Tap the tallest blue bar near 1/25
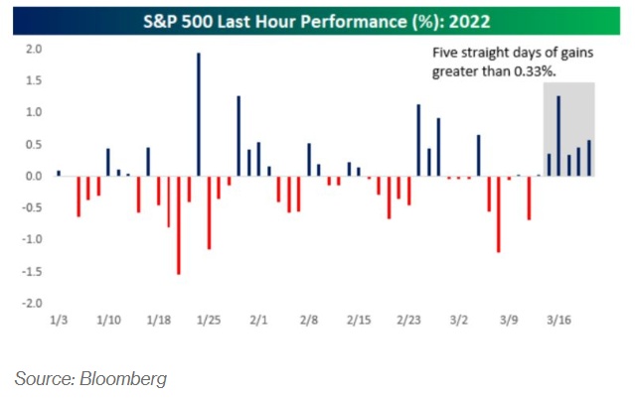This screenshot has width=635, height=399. [199, 114]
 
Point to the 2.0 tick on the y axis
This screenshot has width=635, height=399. [33, 50]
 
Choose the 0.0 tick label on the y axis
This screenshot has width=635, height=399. [33, 177]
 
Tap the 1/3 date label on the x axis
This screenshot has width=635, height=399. [60, 321]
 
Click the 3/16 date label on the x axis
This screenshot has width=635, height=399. [559, 321]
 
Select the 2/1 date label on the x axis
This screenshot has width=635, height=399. [259, 321]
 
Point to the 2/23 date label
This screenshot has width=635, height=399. [409, 321]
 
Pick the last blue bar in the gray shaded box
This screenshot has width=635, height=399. [588, 158]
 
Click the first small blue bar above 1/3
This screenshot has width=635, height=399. [59, 173]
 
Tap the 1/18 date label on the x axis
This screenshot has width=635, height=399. [159, 321]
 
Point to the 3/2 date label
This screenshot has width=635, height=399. [459, 321]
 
